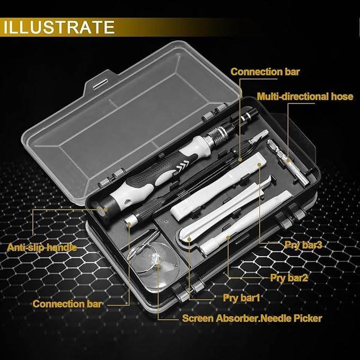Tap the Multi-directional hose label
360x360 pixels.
point(305,96)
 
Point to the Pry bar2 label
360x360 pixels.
point(289,277)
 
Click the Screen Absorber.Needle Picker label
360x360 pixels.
point(252,319)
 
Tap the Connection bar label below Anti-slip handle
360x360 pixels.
point(67,304)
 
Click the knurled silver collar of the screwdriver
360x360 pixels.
point(218,135)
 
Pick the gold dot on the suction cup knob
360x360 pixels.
point(156,258)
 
